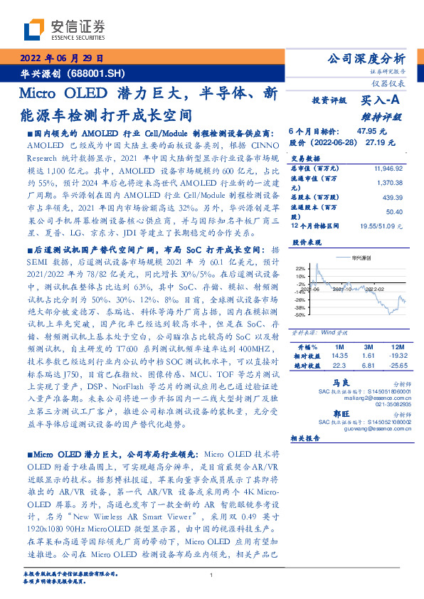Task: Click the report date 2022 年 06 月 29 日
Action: pyautogui.click(x=63, y=58)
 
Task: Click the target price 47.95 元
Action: pyautogui.click(x=371, y=132)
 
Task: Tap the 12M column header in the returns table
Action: pyautogui.click(x=396, y=346)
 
